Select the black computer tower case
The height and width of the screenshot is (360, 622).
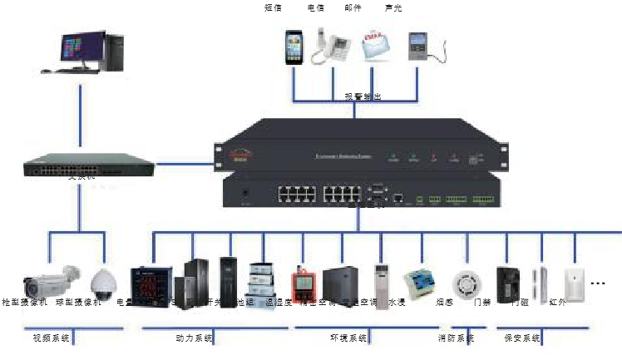(x=115, y=52)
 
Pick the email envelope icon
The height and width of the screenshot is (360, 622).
(x=376, y=46)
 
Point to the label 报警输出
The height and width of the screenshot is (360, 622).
(x=363, y=97)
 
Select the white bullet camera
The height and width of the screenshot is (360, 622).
(x=51, y=279)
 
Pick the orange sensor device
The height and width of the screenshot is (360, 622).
(x=300, y=284)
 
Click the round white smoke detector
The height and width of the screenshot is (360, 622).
(x=462, y=281)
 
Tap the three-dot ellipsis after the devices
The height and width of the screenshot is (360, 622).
(x=598, y=284)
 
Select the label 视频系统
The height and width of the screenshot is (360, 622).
(x=51, y=338)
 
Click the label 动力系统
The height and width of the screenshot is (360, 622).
(x=195, y=338)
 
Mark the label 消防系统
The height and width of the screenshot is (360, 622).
(x=456, y=338)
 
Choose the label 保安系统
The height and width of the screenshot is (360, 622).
(x=522, y=338)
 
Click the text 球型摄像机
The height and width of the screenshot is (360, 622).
(x=78, y=303)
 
